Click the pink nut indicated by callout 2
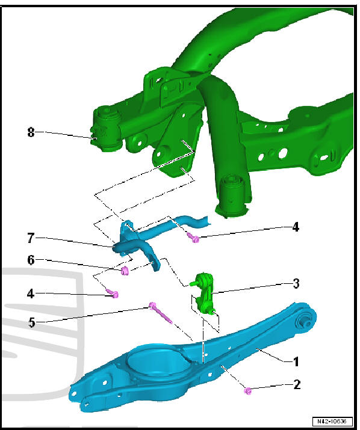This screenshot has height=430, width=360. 247,392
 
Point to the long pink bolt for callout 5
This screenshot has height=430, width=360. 161,313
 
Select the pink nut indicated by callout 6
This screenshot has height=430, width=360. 125,272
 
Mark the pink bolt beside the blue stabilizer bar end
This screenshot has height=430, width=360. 194,238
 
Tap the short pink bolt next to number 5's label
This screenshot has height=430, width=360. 114,294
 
